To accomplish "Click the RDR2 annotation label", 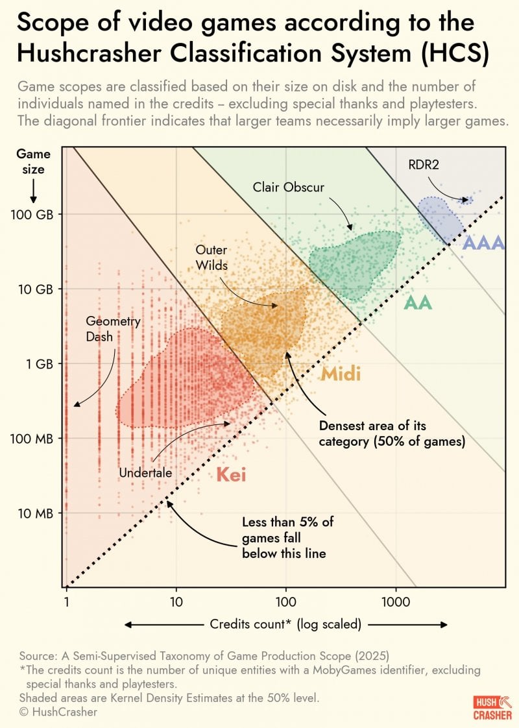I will coord(424,165).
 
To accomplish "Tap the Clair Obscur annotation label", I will coord(288,188).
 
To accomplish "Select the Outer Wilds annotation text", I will coord(211,256).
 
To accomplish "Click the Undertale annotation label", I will coord(145,473).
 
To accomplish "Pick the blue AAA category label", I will coord(483,243).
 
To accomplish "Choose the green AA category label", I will coord(418,302).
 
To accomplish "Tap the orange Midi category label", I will coord(341,374).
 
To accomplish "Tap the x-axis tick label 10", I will coord(176,601).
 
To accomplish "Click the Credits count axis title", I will coord(285,624).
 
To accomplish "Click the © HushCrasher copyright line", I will coord(58,712).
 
